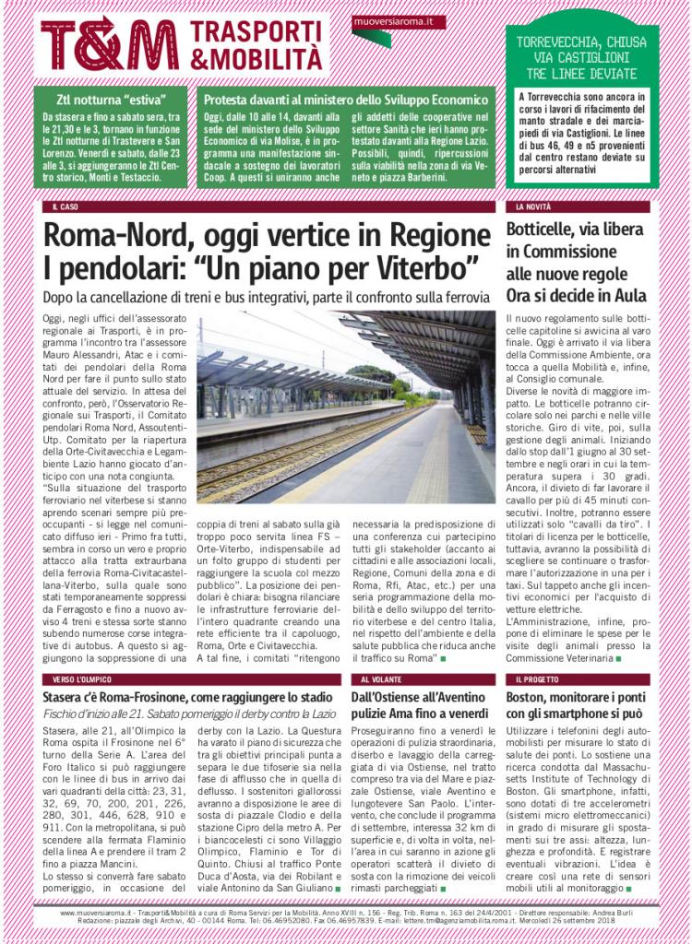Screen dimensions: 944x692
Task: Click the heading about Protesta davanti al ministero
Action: click(345, 99)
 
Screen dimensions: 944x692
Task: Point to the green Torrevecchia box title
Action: click(581, 57)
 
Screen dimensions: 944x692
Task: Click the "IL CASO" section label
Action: click(65, 207)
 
